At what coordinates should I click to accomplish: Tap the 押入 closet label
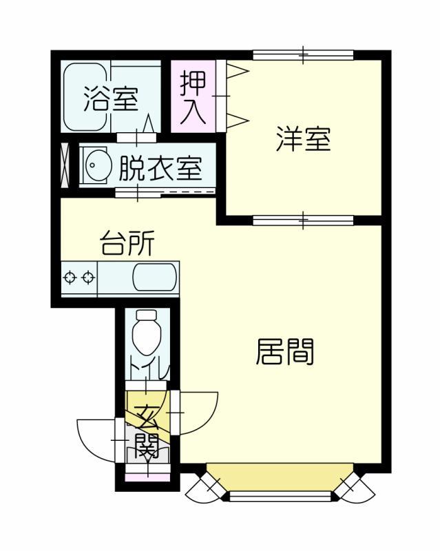coord(193,98)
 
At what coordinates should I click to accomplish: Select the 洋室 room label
coord(303,139)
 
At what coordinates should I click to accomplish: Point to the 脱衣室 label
coord(160,168)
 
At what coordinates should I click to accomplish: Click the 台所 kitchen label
coord(127,244)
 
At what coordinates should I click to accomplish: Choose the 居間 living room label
coord(285,352)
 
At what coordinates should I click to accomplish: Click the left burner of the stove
coord(70,278)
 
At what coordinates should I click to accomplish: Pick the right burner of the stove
coord(87,278)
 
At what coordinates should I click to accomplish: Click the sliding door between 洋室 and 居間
coord(303,220)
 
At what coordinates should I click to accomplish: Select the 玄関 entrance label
coord(147,430)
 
